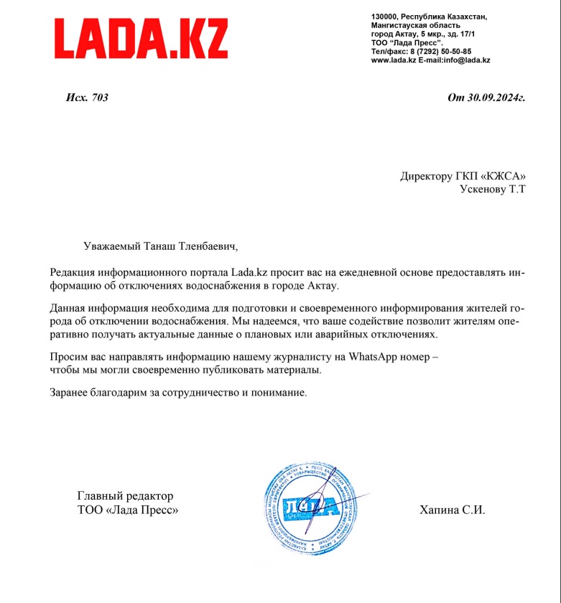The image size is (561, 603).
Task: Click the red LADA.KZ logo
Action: pos(142,39)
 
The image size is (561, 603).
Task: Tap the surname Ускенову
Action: pos(483,190)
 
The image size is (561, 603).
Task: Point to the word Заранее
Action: pos(70,393)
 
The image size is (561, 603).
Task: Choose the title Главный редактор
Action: pos(125,496)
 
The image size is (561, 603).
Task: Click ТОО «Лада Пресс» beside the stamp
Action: pos(127,510)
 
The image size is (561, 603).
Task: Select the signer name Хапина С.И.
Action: pos(453,510)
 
